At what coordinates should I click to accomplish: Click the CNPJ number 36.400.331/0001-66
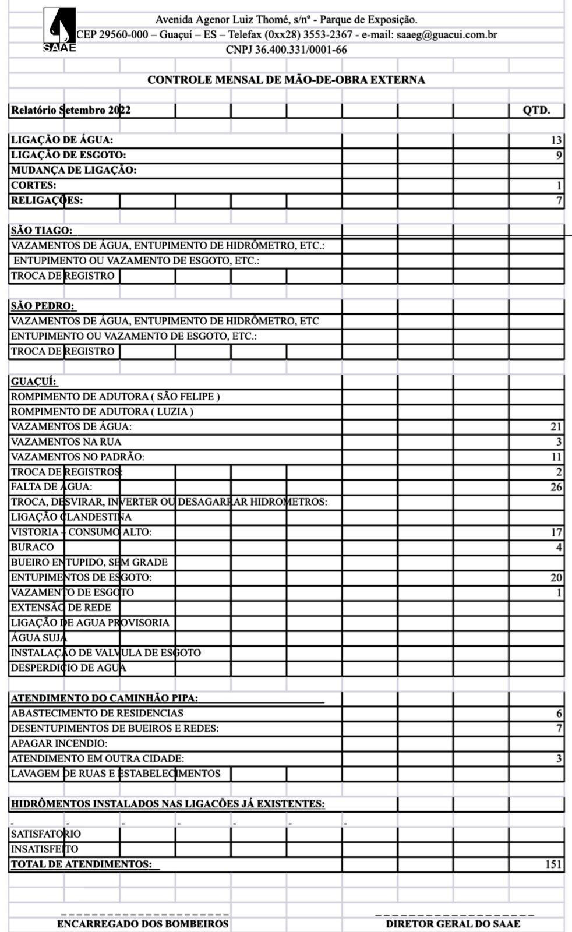[x=286, y=50]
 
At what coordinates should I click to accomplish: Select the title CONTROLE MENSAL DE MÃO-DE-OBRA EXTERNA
[x=286, y=80]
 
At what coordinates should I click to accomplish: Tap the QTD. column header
[x=536, y=110]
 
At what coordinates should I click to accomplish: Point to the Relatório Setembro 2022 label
[x=71, y=110]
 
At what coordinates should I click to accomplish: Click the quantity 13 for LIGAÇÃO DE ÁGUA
[x=556, y=140]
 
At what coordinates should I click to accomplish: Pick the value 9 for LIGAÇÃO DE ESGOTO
[x=559, y=156]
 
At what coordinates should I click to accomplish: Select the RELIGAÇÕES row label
[x=47, y=200]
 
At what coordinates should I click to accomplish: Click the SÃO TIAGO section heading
[x=41, y=231]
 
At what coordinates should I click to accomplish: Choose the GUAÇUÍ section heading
[x=34, y=382]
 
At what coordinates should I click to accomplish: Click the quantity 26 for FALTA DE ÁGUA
[x=556, y=487]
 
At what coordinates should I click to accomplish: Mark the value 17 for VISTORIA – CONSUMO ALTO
[x=556, y=532]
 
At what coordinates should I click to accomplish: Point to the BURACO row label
[x=33, y=548]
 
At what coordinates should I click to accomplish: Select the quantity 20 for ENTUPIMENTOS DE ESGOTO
[x=556, y=578]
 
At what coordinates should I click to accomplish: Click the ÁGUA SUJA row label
[x=39, y=638]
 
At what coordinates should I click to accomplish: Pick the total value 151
[x=553, y=864]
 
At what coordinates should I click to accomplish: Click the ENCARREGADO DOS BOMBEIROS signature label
[x=143, y=924]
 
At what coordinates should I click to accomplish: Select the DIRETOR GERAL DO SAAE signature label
[x=453, y=924]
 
